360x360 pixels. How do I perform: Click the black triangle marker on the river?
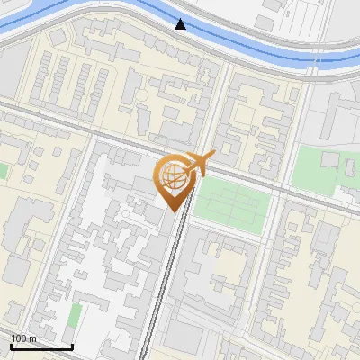click(x=181, y=24)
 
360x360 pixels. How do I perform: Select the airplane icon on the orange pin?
click(x=198, y=165)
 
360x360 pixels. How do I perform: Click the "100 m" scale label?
click(x=24, y=338)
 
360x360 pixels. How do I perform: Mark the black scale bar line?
click(x=41, y=346)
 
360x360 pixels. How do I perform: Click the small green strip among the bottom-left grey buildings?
click(x=75, y=315)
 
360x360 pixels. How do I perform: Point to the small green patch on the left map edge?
click(x=3, y=170)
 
